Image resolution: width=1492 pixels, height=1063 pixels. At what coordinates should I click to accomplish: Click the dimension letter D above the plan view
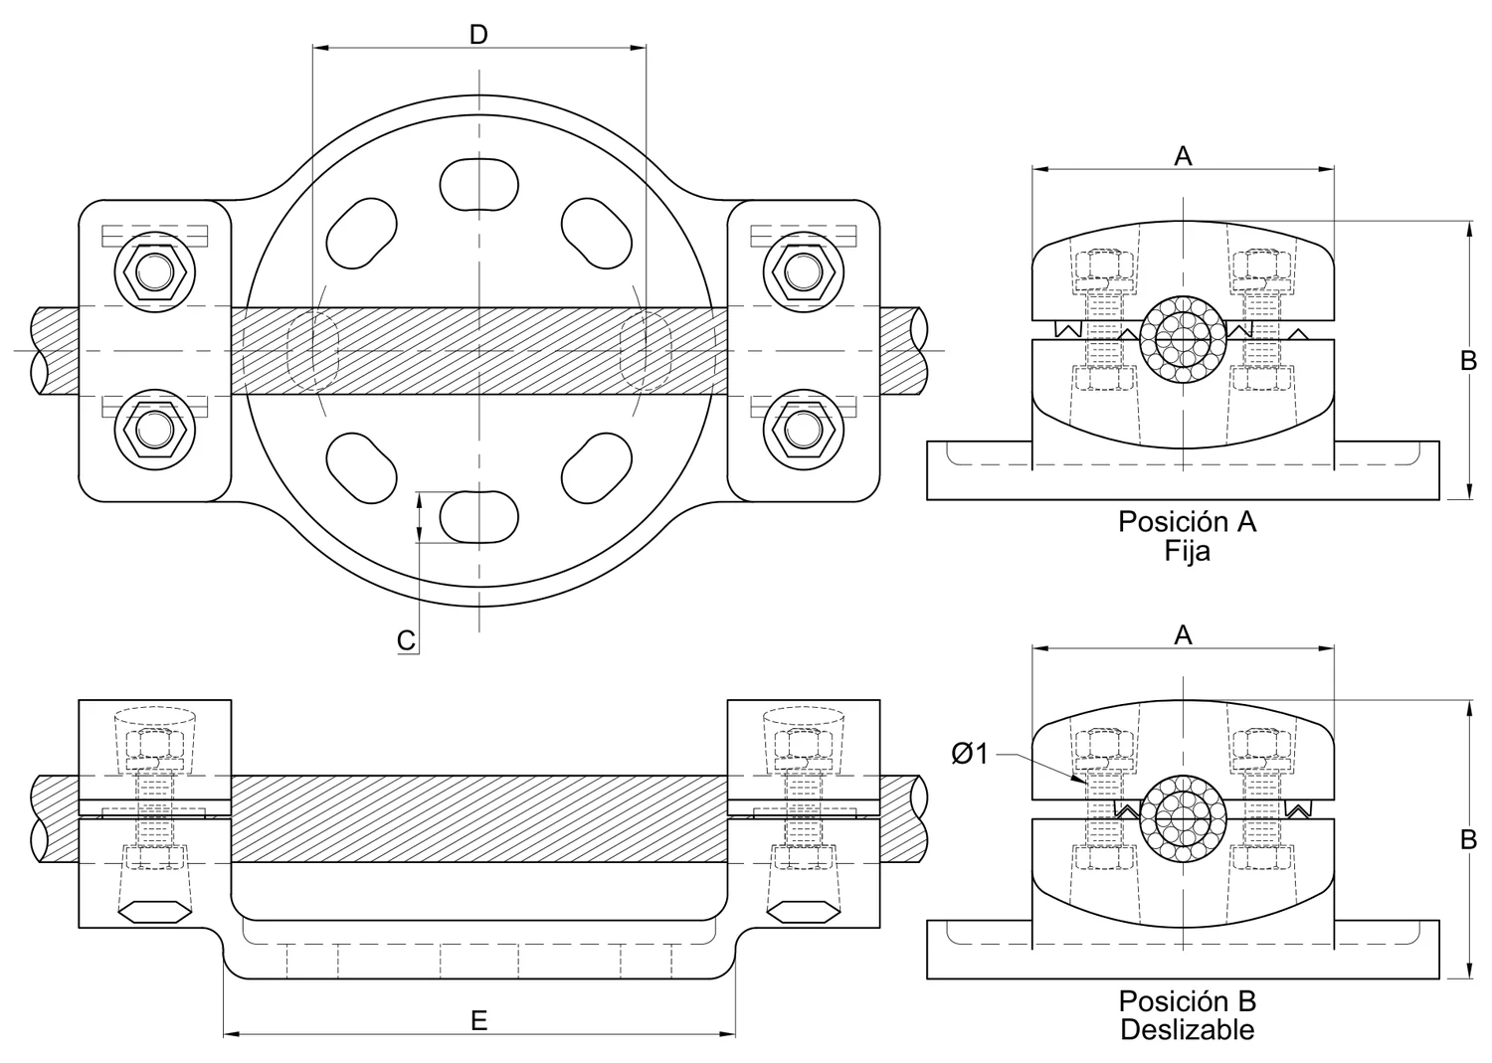(478, 34)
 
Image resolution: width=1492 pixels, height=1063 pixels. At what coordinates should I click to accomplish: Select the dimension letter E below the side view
(478, 1019)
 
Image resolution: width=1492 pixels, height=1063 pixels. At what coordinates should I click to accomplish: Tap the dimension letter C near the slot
(406, 640)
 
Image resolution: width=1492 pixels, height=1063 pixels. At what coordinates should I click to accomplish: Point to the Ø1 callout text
(969, 754)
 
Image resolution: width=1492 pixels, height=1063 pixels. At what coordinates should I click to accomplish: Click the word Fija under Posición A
(1187, 551)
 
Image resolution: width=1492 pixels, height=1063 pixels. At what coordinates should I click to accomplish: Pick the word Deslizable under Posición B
(1187, 1029)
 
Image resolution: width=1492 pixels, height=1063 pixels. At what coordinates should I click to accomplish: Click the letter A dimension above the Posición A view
(1183, 156)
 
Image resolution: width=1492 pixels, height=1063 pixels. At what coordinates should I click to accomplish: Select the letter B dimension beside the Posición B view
(1469, 840)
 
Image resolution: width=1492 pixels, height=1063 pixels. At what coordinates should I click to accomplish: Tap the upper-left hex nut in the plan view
(155, 271)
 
